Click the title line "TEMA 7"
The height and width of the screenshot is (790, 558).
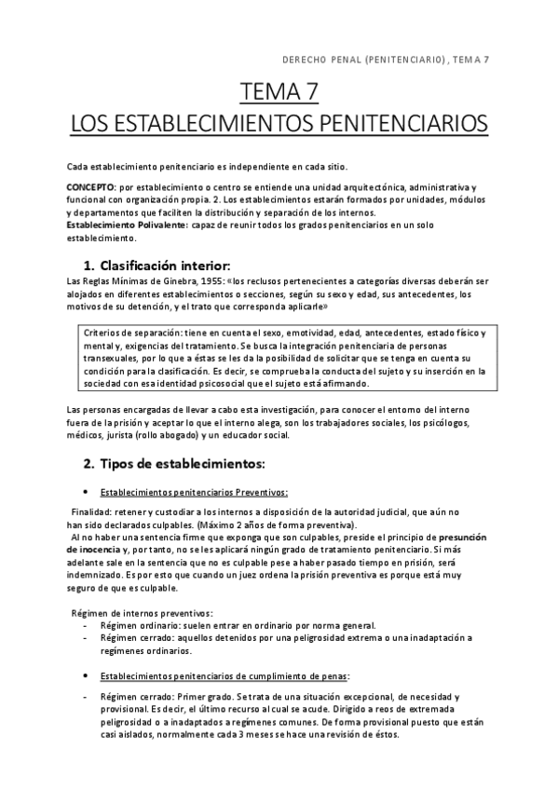279,92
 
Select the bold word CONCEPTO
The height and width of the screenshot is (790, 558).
89,187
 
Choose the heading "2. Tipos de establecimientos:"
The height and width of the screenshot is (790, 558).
174,462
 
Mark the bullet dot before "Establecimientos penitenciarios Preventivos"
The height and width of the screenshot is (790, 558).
86,493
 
